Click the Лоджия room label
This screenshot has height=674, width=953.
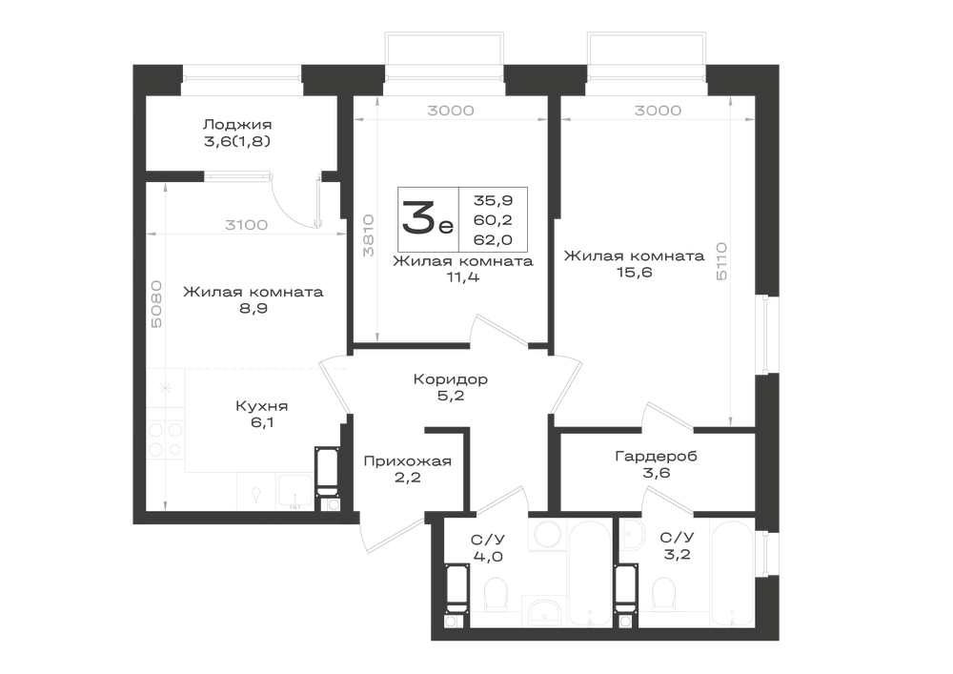(237, 125)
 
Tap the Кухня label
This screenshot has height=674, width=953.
(261, 405)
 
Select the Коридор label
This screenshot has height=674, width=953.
(451, 379)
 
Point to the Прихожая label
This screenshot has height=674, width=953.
(407, 461)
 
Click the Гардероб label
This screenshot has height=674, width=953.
(656, 456)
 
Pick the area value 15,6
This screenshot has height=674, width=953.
(635, 273)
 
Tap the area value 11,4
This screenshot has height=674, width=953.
(462, 277)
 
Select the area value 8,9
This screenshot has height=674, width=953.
(253, 308)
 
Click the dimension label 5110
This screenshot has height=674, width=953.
(721, 260)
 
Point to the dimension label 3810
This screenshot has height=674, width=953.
(368, 235)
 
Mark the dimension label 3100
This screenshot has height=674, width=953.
(246, 225)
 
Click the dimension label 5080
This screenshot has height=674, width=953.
(156, 304)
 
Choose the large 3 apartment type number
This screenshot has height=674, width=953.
(417, 219)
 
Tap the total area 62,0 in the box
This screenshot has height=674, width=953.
(493, 239)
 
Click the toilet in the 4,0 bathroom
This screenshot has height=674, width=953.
(497, 593)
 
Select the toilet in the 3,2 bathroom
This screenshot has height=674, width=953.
(663, 593)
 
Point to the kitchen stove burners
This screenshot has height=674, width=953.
(165, 439)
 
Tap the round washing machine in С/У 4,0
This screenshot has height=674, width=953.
(547, 534)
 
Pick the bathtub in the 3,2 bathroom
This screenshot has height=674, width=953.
(732, 573)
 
